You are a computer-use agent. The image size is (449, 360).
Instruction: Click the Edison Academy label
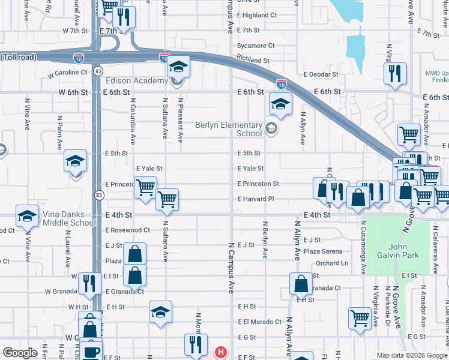137,81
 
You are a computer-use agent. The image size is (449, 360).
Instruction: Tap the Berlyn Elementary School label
229,130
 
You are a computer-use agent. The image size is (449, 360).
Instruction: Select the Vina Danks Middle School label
68,218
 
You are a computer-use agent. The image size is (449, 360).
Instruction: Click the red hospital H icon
221,352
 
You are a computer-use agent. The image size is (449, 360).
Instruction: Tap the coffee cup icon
91,352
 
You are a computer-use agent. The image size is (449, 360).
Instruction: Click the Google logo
20,353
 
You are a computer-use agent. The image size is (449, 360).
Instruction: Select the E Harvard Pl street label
256,199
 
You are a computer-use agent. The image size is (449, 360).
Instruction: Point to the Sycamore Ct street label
256,46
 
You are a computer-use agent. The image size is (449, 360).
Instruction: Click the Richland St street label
253,61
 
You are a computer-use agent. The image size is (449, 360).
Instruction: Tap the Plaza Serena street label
323,251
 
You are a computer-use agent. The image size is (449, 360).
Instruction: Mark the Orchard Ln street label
332,263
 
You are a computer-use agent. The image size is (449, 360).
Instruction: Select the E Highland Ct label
257,15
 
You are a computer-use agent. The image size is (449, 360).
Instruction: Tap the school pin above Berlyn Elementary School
280,104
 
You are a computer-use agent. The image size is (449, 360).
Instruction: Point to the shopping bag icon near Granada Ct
300,284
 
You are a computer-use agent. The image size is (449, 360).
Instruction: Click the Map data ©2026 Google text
411,355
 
